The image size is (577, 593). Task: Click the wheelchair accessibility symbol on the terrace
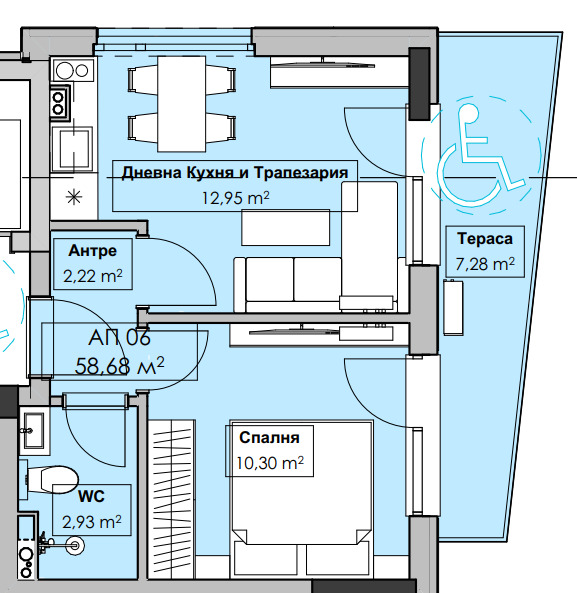coord(480,155)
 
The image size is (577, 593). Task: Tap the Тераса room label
coord(485,239)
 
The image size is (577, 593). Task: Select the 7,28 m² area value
coord(485,264)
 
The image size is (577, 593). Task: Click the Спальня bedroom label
coord(269,437)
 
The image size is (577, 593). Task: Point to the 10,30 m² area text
coord(270,463)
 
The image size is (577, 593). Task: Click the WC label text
coord(92,496)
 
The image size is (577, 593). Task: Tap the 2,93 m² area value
coord(92,522)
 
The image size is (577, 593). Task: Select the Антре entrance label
coord(93,250)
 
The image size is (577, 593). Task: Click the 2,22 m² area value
coord(93,276)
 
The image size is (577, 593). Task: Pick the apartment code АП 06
coord(119,337)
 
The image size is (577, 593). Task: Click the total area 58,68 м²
coord(119,366)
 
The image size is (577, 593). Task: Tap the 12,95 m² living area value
coord(235,198)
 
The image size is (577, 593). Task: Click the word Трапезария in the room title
coord(301,172)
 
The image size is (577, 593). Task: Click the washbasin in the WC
coord(34,430)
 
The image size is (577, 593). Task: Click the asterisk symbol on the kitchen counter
coord(74,197)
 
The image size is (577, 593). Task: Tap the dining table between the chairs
coord(182,104)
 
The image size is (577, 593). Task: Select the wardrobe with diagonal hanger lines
coord(172,499)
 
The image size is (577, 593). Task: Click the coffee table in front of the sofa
coord(285,228)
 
